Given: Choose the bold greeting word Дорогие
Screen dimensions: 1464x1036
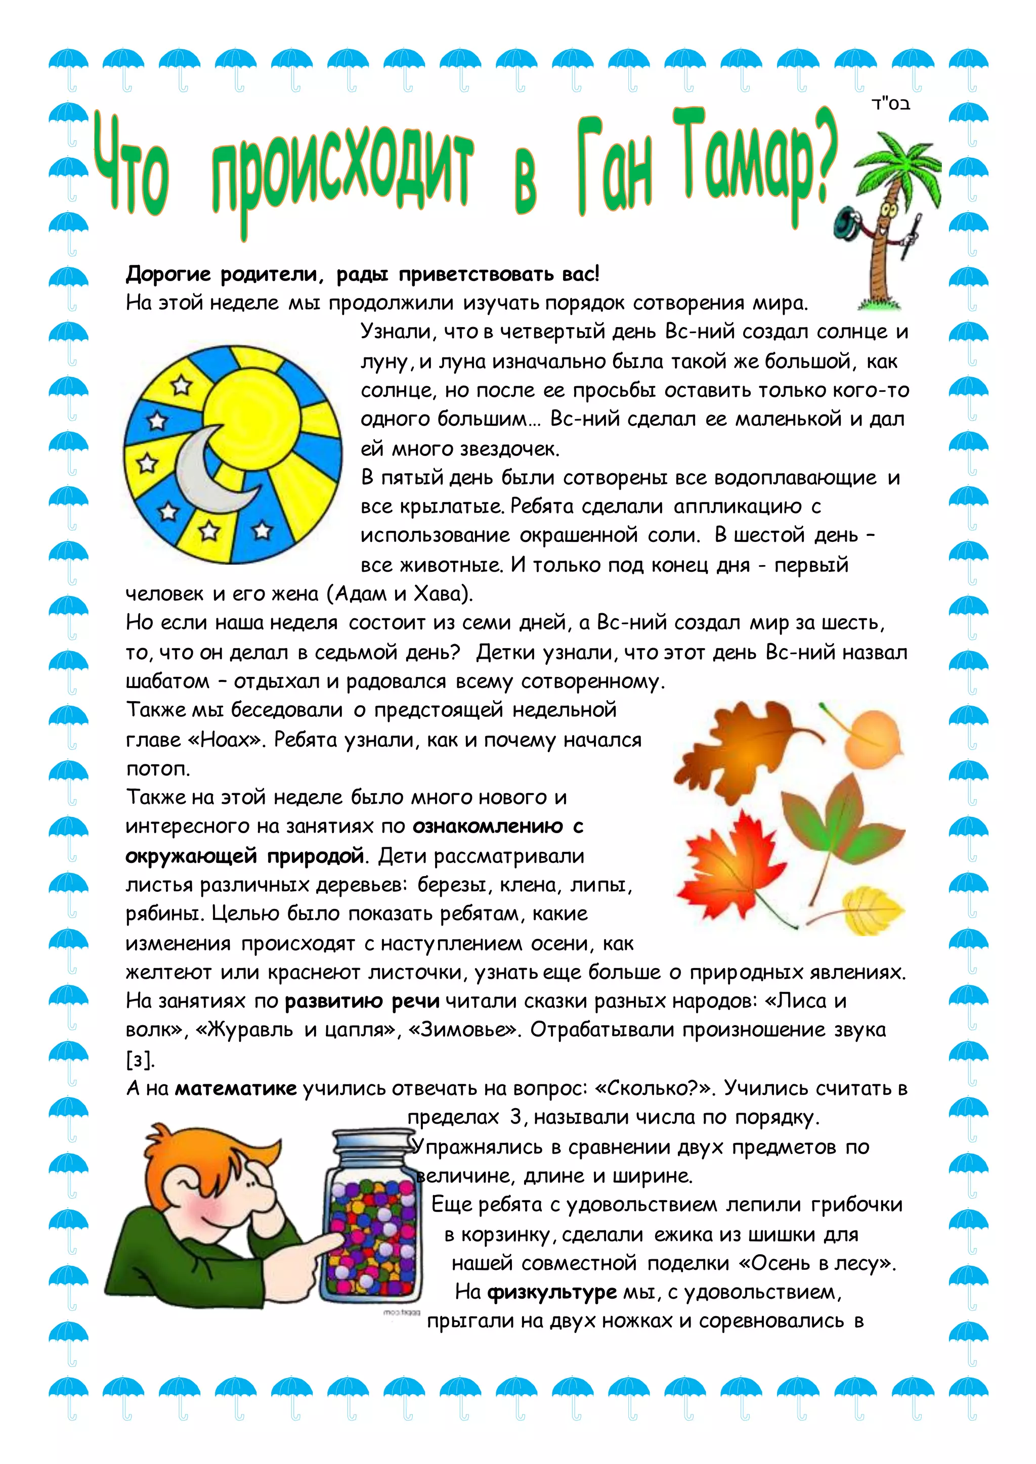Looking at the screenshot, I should click(168, 274).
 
